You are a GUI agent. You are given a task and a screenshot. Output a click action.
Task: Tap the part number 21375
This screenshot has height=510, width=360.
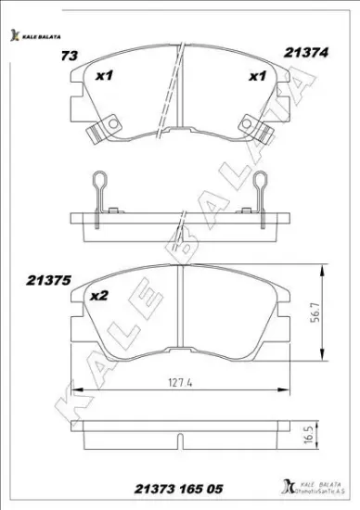[x=45, y=277]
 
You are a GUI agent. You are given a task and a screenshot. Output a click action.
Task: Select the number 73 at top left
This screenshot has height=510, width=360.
[x=68, y=57]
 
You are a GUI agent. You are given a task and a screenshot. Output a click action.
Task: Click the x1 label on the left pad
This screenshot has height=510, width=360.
[x=104, y=77]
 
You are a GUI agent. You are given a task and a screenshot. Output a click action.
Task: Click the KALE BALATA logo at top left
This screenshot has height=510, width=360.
[x=35, y=36]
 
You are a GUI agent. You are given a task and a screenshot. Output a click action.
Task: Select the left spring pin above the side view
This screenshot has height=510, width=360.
[x=103, y=192]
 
